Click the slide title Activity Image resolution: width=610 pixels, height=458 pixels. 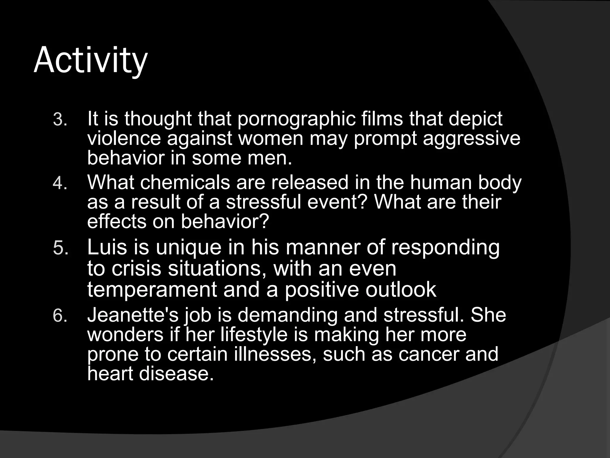click(91, 61)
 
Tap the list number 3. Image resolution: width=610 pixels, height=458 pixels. click(60, 120)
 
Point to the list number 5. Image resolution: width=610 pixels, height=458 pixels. click(60, 248)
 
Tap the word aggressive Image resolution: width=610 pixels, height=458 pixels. click(471, 139)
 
